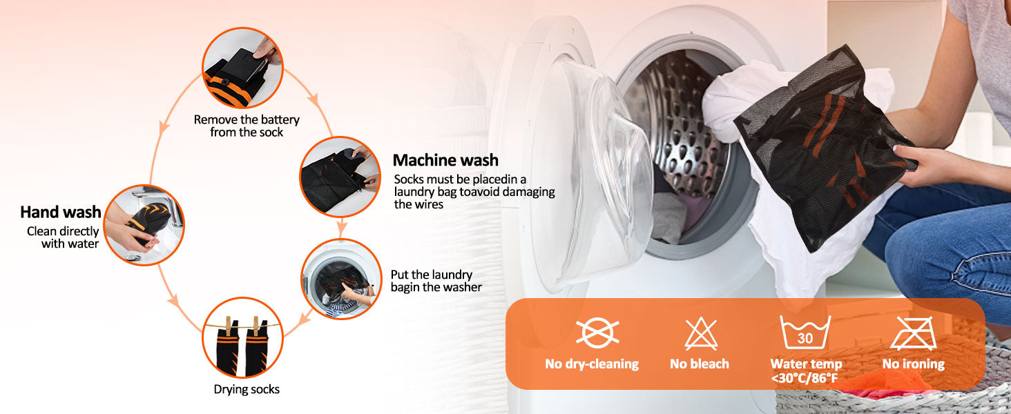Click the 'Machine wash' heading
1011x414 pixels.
click(x=445, y=160)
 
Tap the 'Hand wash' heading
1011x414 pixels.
click(x=61, y=212)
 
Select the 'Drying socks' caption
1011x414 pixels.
click(x=247, y=389)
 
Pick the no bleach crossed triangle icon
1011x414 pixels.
click(x=701, y=334)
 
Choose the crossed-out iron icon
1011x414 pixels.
click(x=914, y=333)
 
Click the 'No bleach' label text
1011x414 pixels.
click(x=699, y=364)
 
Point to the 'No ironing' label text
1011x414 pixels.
click(x=914, y=364)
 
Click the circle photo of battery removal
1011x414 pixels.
click(x=242, y=68)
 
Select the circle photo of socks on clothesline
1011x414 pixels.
click(x=243, y=337)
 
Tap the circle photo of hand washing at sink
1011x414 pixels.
click(x=144, y=225)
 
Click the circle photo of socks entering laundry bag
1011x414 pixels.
click(x=340, y=177)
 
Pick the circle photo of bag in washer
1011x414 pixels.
click(x=341, y=279)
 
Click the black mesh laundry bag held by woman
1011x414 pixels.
click(x=824, y=149)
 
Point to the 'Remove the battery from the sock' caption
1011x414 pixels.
click(x=247, y=126)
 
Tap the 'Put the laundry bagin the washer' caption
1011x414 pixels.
click(x=436, y=281)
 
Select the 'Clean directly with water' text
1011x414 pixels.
click(x=63, y=237)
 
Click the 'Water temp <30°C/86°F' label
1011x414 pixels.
click(x=806, y=371)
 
